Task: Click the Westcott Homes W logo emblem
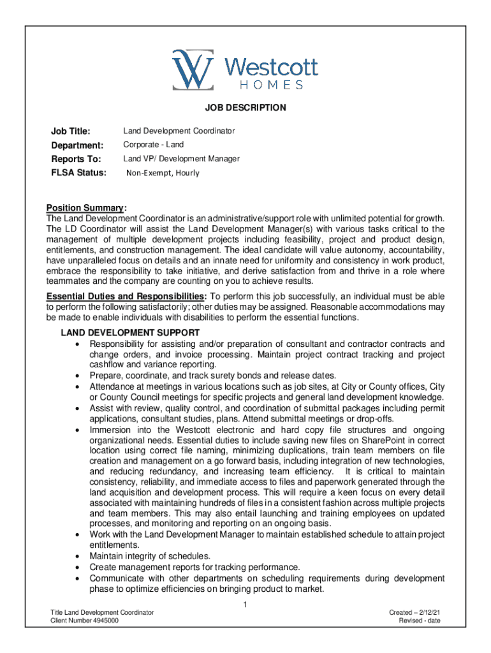pyautogui.click(x=193, y=68)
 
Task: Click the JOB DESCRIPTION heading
pyautogui.click(x=246, y=108)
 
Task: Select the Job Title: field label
pyautogui.click(x=70, y=131)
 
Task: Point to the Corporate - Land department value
pyautogui.click(x=153, y=145)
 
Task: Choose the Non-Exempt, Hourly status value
pyautogui.click(x=163, y=173)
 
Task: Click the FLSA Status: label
pyautogui.click(x=78, y=173)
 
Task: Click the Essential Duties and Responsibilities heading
pyautogui.click(x=126, y=297)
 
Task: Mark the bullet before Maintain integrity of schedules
pyautogui.click(x=78, y=557)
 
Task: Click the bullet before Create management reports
pyautogui.click(x=78, y=568)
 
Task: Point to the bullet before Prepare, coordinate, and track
pyautogui.click(x=78, y=376)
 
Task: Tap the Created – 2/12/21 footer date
pyautogui.click(x=415, y=613)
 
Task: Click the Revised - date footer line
pyautogui.click(x=420, y=621)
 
